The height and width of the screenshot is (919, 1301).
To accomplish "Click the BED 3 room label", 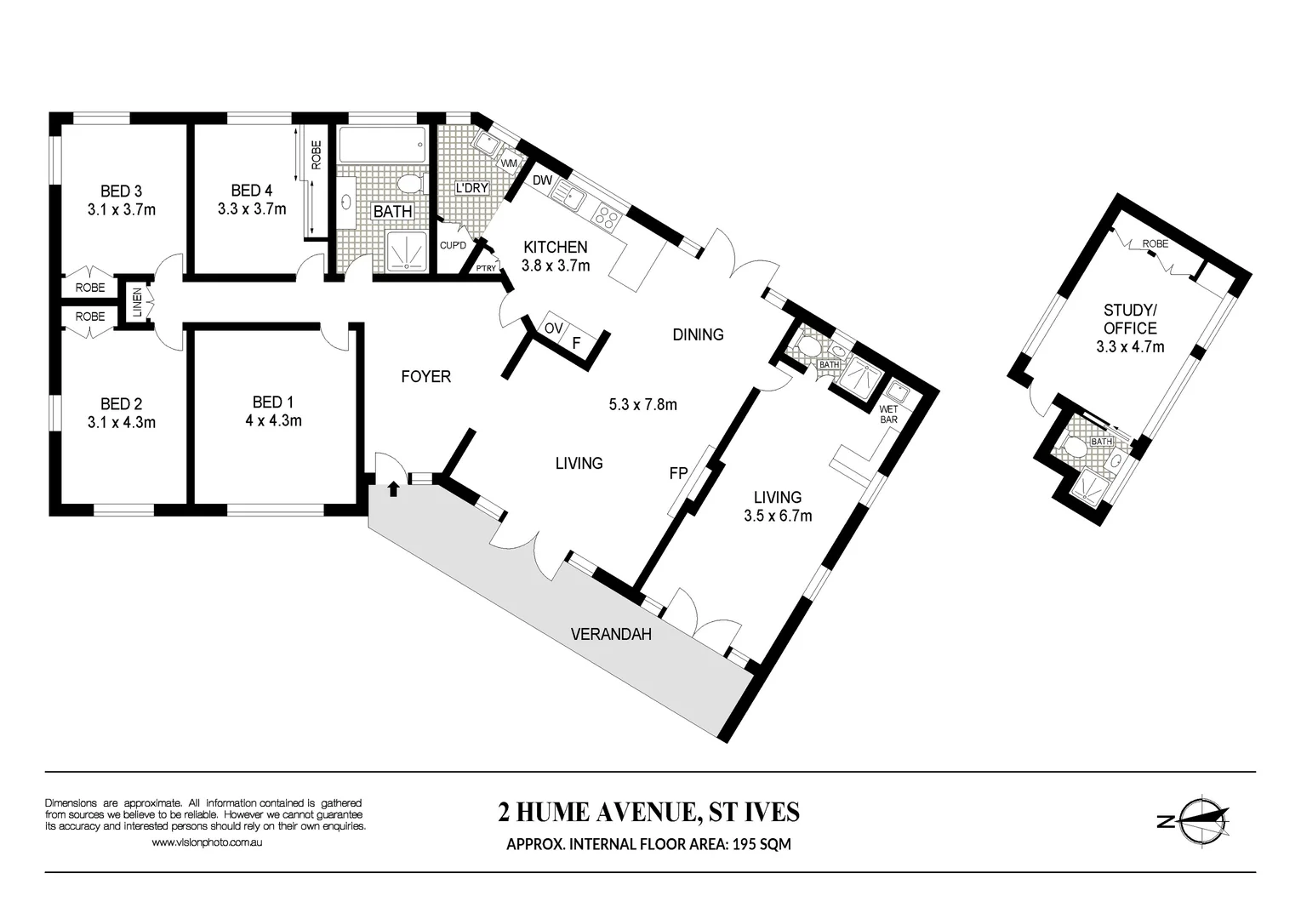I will pos(121,191).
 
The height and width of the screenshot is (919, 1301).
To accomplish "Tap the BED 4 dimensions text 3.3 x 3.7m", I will pos(251,208).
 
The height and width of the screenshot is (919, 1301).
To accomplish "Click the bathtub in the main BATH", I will pos(382,146).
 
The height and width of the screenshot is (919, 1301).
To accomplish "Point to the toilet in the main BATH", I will pos(411,184).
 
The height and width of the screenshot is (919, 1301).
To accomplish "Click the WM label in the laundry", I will pos(509,163).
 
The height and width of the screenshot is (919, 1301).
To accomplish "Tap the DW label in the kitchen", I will pos(542,180).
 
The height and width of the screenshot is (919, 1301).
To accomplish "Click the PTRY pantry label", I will pos(486,269).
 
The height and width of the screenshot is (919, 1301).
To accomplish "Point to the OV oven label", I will pos(554,328).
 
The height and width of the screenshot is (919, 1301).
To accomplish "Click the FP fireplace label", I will pos(678,474).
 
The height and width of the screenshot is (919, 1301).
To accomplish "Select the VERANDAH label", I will pos(610,634).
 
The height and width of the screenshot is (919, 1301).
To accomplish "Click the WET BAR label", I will pos(888,414).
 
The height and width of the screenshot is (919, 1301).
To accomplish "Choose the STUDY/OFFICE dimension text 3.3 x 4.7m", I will pos(1130,346).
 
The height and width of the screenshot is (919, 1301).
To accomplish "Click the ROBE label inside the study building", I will pos(1155,243).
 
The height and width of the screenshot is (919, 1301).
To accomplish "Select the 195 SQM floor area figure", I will pos(760,844).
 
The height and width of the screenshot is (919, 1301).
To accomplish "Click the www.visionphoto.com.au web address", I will pos(206,842).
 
